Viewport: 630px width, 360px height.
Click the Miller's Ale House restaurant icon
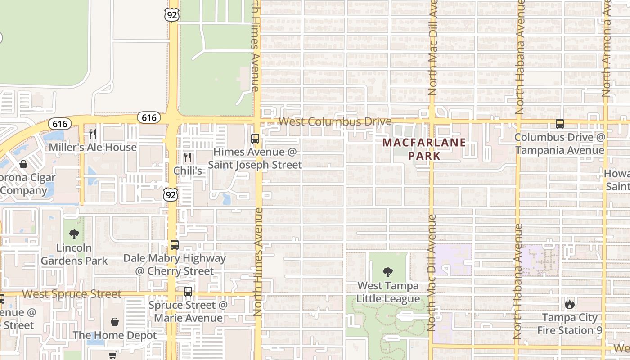[x=93, y=134]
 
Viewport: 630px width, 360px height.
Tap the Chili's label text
[x=188, y=171]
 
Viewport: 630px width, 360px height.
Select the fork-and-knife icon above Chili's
[x=188, y=157]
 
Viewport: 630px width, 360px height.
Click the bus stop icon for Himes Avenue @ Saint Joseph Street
[x=255, y=138]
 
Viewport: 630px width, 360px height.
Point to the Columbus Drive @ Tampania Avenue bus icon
[x=560, y=124]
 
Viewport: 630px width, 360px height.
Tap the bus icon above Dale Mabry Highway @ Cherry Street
[x=175, y=245]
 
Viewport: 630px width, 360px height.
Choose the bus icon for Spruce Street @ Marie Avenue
[x=188, y=292]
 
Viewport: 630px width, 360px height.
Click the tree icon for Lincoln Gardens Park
[x=74, y=234]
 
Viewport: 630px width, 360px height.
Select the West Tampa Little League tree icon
[x=387, y=272]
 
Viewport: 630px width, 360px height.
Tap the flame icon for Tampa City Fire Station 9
[x=570, y=304]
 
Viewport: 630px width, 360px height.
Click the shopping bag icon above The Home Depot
[x=115, y=322]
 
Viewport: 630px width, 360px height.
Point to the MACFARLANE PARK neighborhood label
[x=424, y=149]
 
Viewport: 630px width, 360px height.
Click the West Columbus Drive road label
[x=335, y=122]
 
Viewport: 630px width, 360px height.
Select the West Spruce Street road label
[x=72, y=294]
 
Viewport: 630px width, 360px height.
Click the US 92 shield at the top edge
[x=172, y=14]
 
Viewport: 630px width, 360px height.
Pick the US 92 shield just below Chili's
[x=171, y=195]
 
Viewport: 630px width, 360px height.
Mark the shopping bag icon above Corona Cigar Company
[x=23, y=164]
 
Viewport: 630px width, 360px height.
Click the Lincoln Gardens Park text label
[x=74, y=254]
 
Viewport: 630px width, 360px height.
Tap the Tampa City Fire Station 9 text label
[x=570, y=324]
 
